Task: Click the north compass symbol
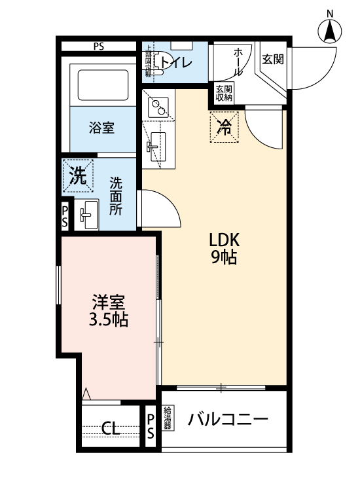tap(331, 31)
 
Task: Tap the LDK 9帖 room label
tap(223, 247)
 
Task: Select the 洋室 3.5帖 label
tap(109, 311)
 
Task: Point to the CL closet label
tap(111, 429)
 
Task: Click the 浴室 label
tap(101, 128)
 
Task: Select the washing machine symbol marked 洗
tap(78, 176)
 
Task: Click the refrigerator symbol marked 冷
tap(225, 127)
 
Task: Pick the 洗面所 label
tap(116, 196)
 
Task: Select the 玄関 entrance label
tap(272, 59)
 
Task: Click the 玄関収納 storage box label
tap(224, 94)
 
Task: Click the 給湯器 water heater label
tap(168, 418)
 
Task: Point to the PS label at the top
tap(99, 46)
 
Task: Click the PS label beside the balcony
tap(151, 426)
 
